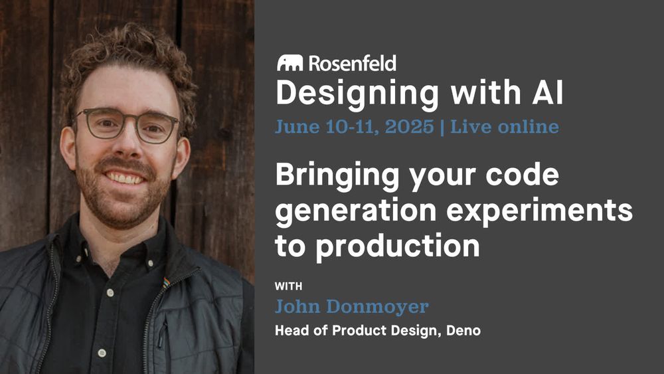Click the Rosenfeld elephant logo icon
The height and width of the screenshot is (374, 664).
[290, 62]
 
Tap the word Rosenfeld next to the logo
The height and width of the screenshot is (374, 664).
[353, 63]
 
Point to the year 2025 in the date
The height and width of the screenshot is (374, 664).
[409, 127]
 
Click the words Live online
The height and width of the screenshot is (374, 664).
[505, 127]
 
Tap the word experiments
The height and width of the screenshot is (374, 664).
[539, 211]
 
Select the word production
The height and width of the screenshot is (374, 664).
[398, 246]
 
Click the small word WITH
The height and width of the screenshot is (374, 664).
[288, 286]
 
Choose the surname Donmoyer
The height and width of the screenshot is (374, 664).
[378, 306]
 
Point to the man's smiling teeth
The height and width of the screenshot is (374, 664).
[125, 178]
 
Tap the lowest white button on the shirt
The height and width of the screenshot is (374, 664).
[102, 352]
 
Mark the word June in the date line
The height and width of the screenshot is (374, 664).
[297, 127]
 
